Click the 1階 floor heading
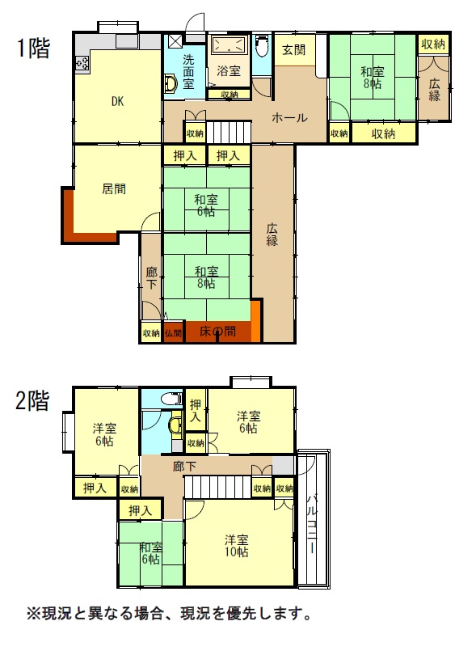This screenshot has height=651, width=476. (x=33, y=48)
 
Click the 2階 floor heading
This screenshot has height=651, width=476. (x=32, y=400)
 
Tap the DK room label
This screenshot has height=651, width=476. (x=117, y=101)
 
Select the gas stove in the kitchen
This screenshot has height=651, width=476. (x=82, y=63)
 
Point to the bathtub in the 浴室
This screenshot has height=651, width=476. (x=229, y=44)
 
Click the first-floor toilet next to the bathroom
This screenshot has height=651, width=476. (x=262, y=47)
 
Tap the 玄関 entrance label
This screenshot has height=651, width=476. (x=293, y=50)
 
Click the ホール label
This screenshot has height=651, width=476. (x=289, y=117)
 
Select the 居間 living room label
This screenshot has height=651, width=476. (x=114, y=189)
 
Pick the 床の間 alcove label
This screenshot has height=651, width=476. (x=217, y=332)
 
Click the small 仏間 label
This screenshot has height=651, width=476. (x=174, y=332)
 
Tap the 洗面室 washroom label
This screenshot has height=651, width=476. (x=189, y=71)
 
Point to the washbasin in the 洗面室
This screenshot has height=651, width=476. (x=171, y=83)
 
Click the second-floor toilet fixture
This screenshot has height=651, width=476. (x=172, y=399)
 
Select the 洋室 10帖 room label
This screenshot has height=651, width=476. (x=237, y=546)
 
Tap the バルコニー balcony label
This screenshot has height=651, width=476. (x=312, y=523)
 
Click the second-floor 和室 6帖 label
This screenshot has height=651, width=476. (x=150, y=553)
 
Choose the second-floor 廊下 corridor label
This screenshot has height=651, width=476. (x=185, y=467)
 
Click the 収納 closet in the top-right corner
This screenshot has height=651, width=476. (x=433, y=44)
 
